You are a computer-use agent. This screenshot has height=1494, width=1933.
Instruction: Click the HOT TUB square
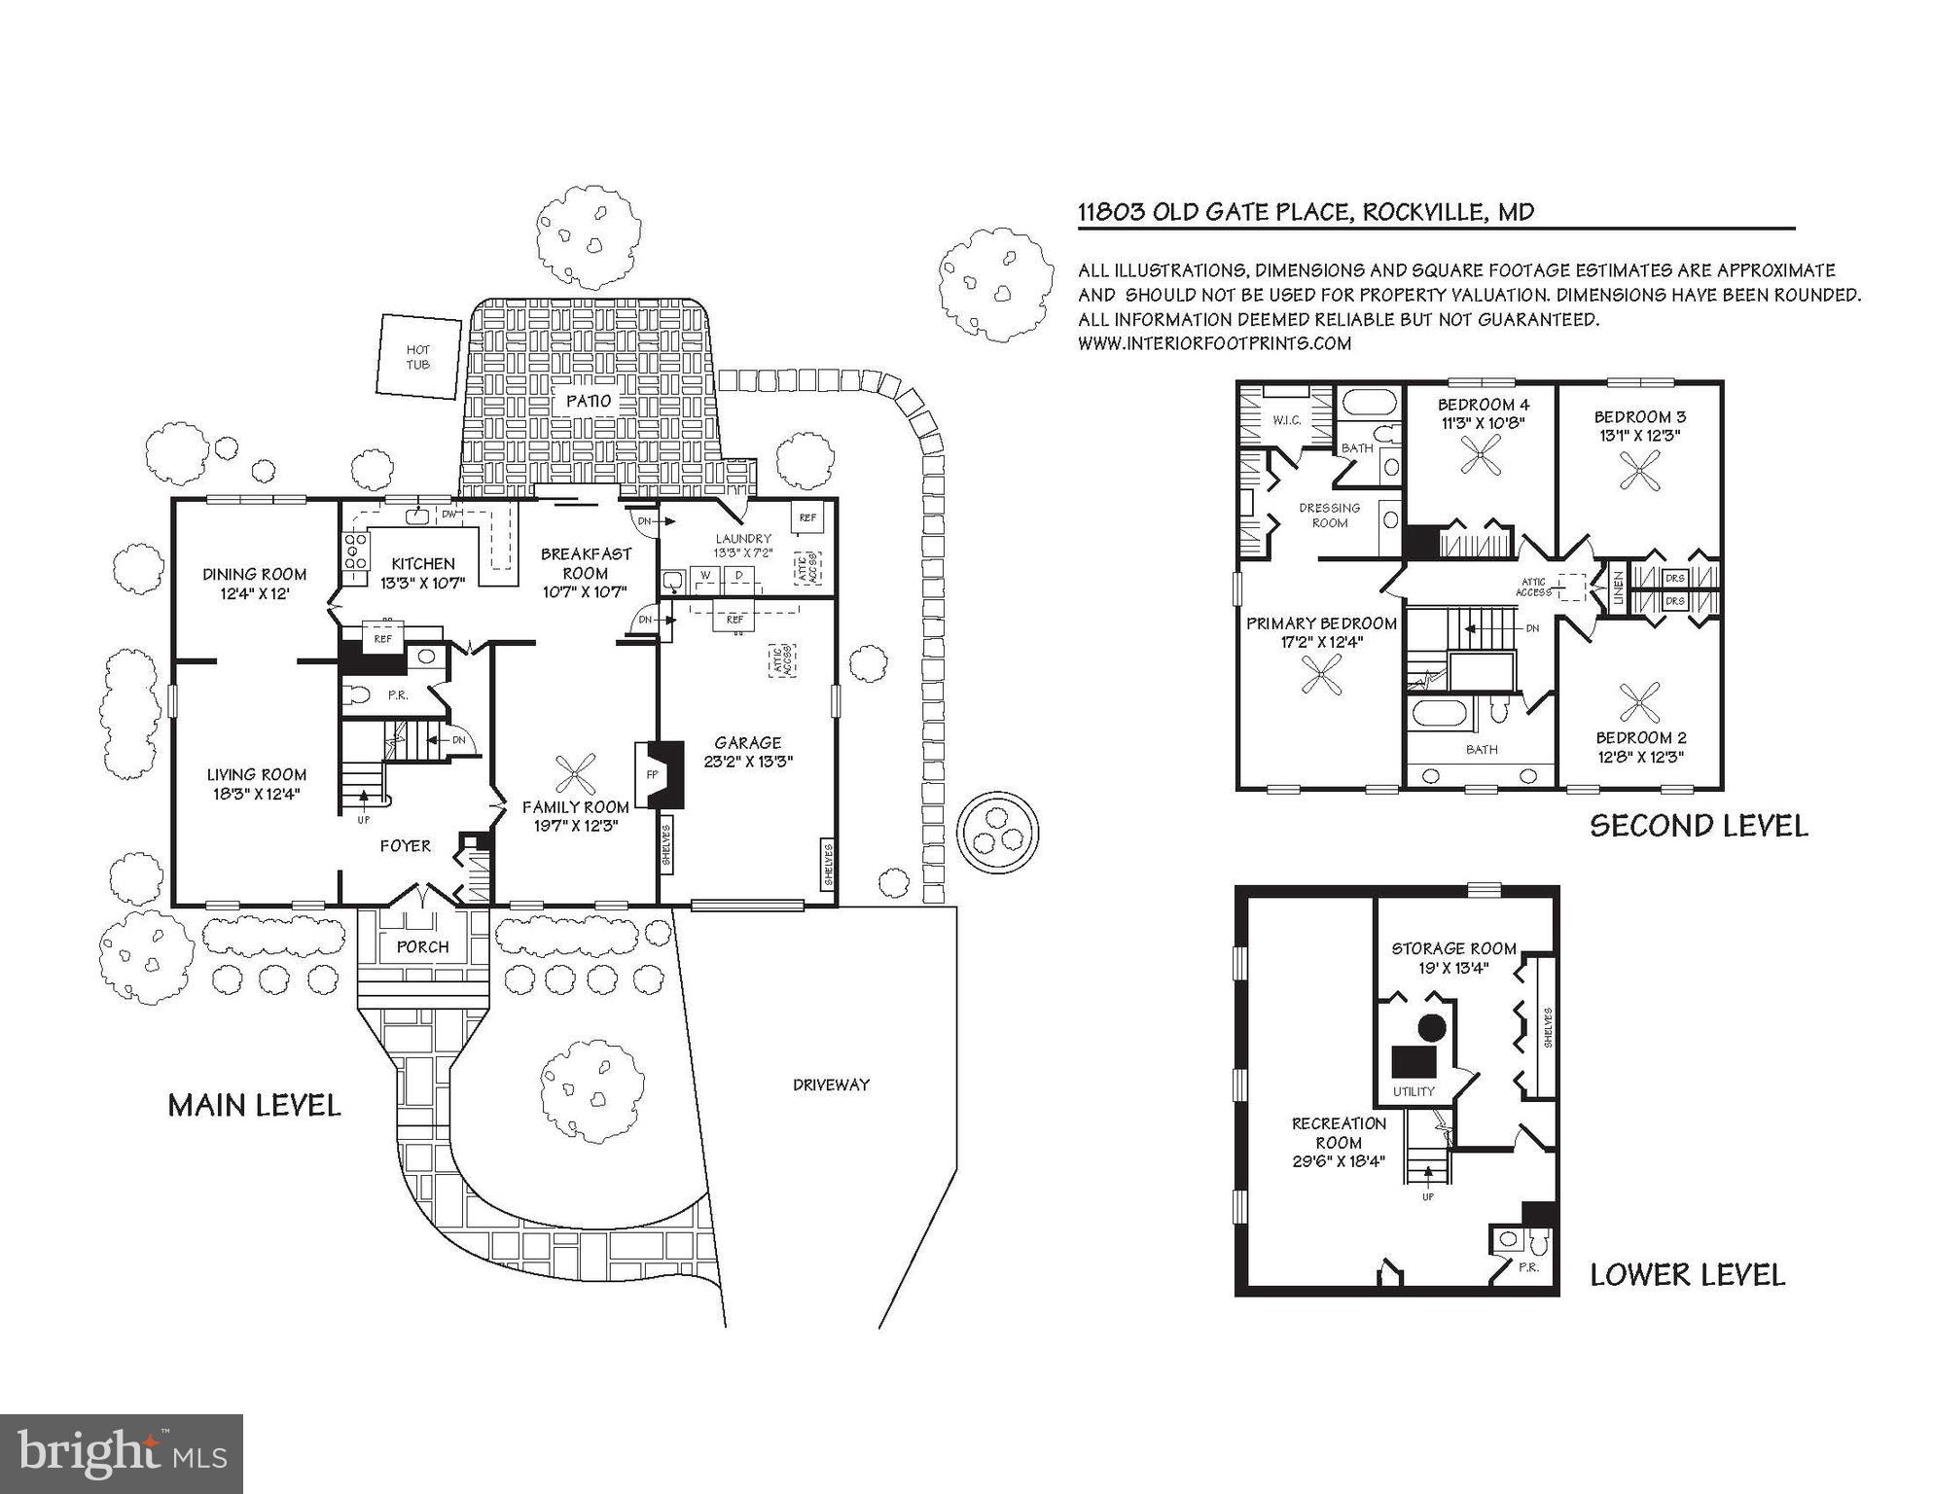click(418, 356)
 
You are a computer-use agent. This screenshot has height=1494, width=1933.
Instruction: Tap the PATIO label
click(589, 401)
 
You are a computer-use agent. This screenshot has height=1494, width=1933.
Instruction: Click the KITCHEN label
click(423, 563)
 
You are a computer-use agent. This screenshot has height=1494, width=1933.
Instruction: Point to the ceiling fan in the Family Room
click(577, 775)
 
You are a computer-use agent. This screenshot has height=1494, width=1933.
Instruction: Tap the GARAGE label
click(747, 743)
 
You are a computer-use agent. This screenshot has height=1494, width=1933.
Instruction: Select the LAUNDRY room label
click(743, 538)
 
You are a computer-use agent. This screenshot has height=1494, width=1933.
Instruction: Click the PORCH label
click(423, 946)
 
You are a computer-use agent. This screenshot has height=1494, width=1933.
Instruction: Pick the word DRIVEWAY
click(830, 1085)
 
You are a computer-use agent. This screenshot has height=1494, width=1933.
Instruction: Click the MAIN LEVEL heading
click(255, 1106)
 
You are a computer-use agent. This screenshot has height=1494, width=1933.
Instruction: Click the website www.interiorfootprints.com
click(1214, 343)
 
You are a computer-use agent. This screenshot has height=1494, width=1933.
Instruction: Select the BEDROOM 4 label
click(1483, 405)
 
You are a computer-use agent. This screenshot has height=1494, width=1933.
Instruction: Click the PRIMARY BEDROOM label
click(1321, 623)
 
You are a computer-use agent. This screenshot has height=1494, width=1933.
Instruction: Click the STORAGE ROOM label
click(1453, 948)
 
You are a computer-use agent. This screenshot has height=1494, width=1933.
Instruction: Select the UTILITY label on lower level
click(1413, 1091)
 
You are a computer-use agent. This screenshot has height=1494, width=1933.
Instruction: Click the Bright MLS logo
click(122, 1453)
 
